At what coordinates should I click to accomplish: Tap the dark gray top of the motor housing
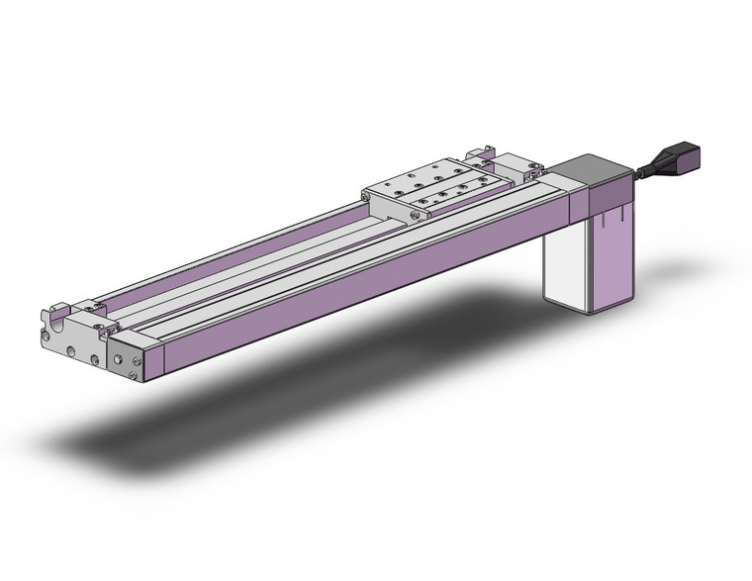point(591,172)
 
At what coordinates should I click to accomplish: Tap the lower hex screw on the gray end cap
point(134,376)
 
